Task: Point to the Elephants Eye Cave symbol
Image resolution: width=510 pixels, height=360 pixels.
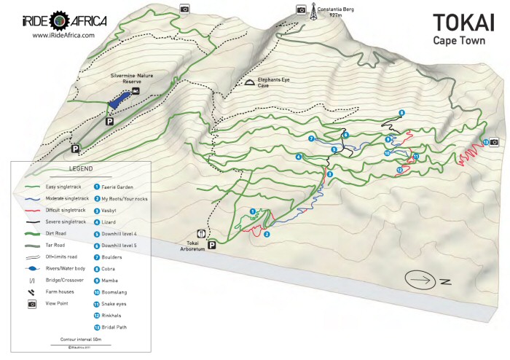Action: [249, 83]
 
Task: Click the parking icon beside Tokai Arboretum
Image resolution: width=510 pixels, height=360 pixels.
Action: [212, 246]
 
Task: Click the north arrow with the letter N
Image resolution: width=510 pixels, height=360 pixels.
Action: [426, 280]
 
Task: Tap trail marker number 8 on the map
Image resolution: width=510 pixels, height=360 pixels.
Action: [401, 112]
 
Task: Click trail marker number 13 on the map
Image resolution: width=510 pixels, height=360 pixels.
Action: [485, 142]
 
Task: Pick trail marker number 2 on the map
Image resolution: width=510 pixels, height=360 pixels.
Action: [267, 234]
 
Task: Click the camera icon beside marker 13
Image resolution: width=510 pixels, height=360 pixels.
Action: [494, 142]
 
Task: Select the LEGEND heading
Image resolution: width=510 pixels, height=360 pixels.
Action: [80, 168]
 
